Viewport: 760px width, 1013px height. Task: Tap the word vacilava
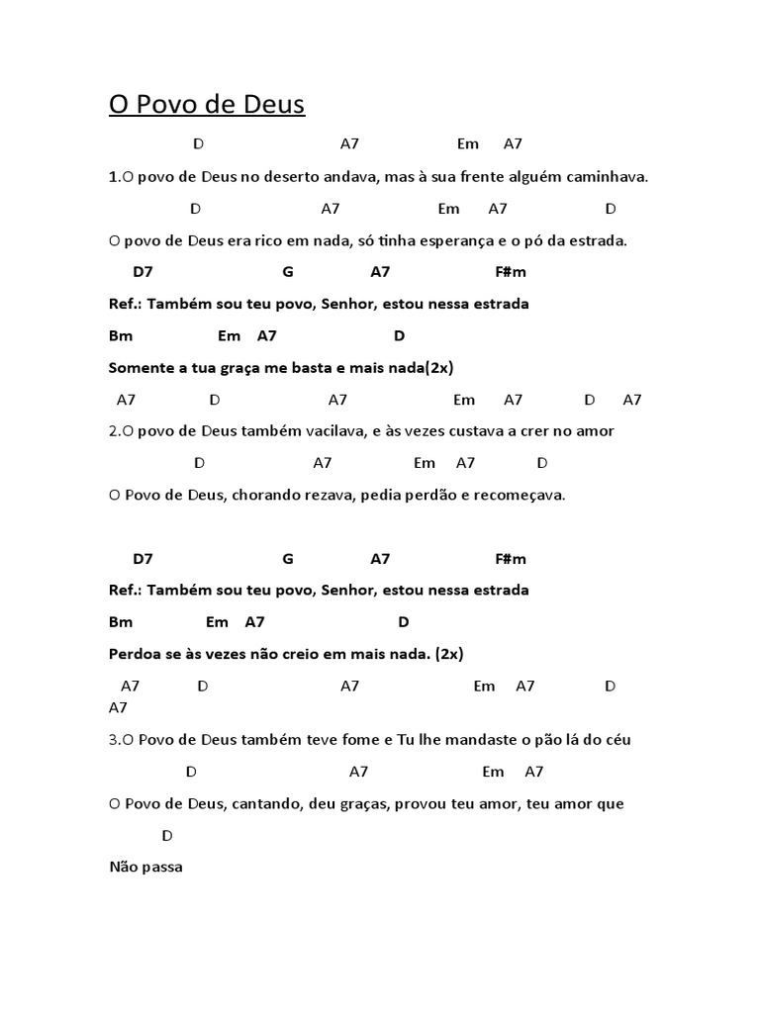point(332,431)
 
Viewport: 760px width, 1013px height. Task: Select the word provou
point(420,804)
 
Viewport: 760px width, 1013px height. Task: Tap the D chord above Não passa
point(167,836)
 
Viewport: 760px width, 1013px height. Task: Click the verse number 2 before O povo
point(113,431)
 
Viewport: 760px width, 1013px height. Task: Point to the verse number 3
point(113,740)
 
